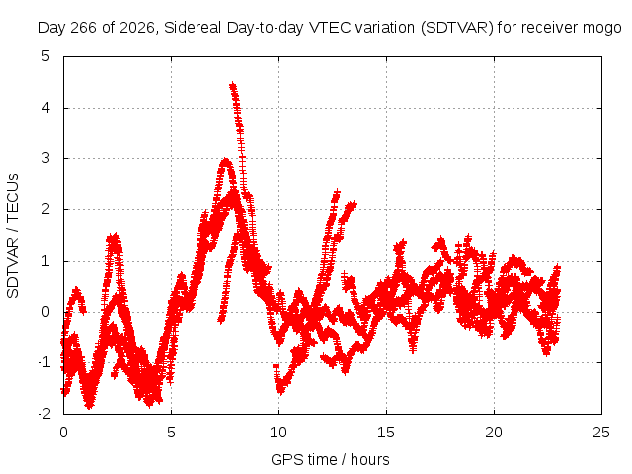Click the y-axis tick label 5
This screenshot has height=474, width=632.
pyautogui.click(x=46, y=56)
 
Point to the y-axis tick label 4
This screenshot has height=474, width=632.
pyautogui.click(x=46, y=108)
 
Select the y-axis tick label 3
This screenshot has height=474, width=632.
pyautogui.click(x=46, y=158)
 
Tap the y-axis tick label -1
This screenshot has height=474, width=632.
pyautogui.click(x=44, y=362)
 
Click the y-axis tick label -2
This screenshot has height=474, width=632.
pyautogui.click(x=44, y=414)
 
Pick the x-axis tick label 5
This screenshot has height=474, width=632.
pyautogui.click(x=171, y=433)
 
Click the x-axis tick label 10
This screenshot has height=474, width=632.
pyautogui.click(x=278, y=433)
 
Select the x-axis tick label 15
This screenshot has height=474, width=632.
pyautogui.click(x=386, y=433)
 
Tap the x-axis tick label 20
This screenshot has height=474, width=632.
pyautogui.click(x=494, y=433)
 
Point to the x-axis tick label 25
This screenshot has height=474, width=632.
pyautogui.click(x=601, y=433)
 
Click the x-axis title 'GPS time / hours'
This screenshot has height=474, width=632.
pyautogui.click(x=330, y=460)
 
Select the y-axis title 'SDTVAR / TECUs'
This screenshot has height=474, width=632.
pyautogui.click(x=13, y=236)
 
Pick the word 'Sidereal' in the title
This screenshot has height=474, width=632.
pyautogui.click(x=193, y=28)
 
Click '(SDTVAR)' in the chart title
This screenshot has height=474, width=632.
pyautogui.click(x=457, y=28)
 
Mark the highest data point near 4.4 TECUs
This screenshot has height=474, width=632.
pyautogui.click(x=232, y=85)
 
